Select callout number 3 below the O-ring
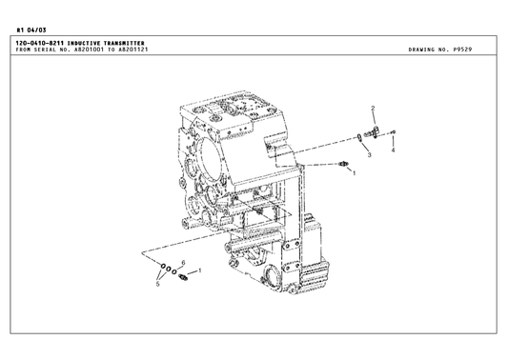click(368, 154)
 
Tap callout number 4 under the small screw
click(394, 150)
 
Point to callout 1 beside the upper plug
click(354, 174)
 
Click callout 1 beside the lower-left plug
click(199, 271)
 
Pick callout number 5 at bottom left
click(157, 285)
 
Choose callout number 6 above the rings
click(183, 262)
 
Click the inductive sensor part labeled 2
click(378, 130)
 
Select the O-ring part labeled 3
click(359, 137)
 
